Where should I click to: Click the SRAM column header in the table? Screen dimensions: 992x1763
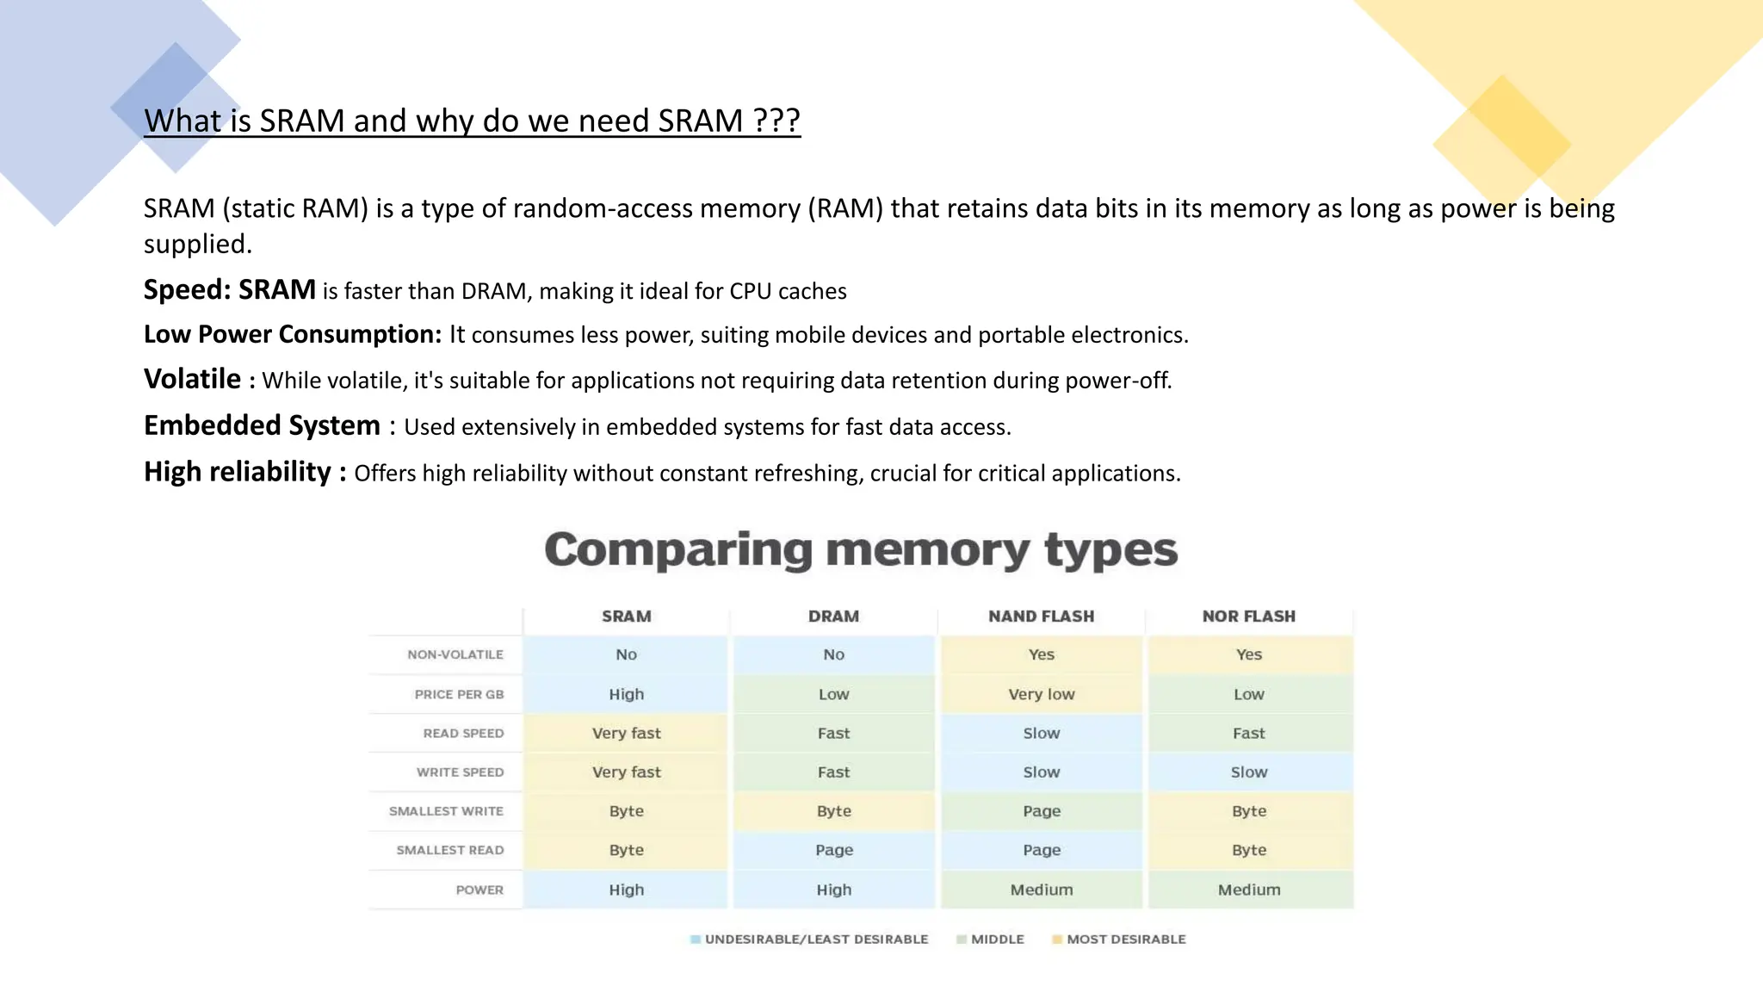pos(626,617)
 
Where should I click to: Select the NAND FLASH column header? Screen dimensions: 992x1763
pos(1041,617)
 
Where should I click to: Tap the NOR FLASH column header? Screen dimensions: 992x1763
pos(1248,617)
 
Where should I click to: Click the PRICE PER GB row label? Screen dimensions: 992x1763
pos(459,694)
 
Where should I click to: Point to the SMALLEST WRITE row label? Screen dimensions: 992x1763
pos(446,811)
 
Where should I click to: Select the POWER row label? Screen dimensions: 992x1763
pos(479,890)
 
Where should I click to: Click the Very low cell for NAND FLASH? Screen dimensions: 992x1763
pos(1042,694)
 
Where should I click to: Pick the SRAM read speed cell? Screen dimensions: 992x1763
pos(626,733)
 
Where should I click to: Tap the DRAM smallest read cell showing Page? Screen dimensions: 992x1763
pos(833,850)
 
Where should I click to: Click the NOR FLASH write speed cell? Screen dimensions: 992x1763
pos(1248,772)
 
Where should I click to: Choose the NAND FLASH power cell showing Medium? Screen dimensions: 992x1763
pos(1042,890)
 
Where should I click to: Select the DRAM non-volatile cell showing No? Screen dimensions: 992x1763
pos(833,654)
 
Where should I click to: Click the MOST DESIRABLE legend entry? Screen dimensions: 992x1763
pos(1125,939)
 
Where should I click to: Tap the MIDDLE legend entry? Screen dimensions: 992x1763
pos(997,939)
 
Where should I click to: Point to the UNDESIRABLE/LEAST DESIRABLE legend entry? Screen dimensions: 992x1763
pos(815,939)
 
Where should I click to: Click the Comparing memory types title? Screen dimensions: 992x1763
pos(861,549)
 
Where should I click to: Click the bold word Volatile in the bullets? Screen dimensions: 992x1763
pos(192,379)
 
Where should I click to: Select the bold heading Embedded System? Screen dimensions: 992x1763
pos(262,425)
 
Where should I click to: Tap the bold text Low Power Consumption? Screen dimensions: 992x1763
pos(293,334)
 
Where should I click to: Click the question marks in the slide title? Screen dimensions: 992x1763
pos(776,121)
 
